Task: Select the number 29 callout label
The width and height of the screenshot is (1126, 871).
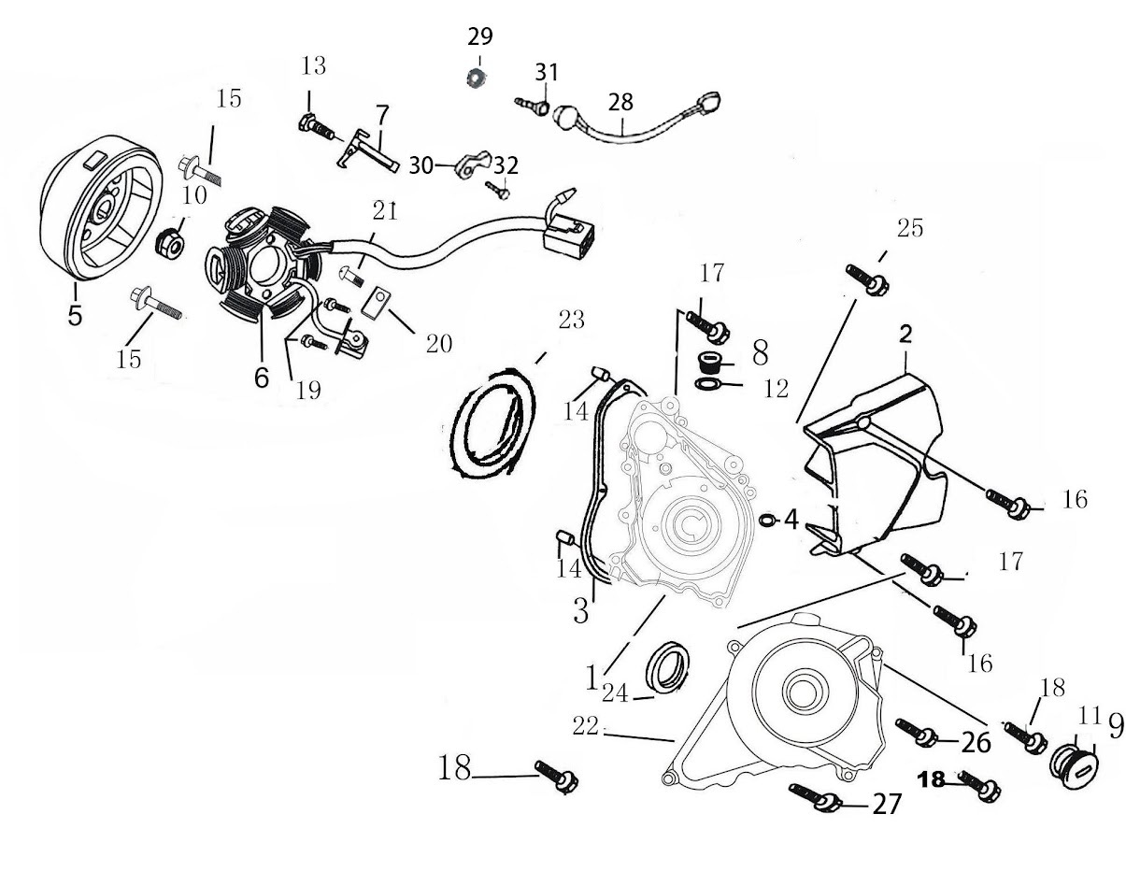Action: coord(480,37)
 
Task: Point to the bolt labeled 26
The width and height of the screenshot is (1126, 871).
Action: coord(915,732)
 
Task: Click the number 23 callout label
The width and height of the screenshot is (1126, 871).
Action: coord(571,321)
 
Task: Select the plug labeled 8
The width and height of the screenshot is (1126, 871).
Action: coord(711,363)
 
